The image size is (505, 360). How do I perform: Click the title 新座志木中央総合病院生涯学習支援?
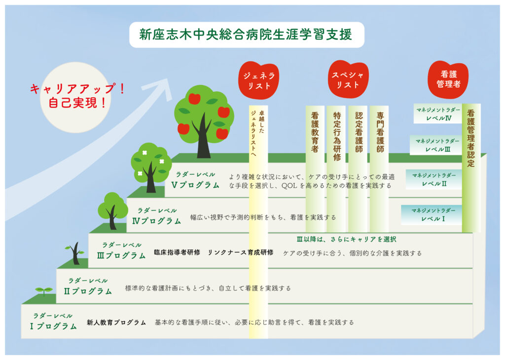click(246, 35)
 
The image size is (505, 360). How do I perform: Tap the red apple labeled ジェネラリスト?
click(258, 80)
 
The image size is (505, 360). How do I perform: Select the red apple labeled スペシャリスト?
click(348, 79)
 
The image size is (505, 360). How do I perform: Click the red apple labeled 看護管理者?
click(448, 79)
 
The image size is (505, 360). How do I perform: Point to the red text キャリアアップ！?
click(77, 89)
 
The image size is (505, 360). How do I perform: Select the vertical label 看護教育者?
click(315, 132)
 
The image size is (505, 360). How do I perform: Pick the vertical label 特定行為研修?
click(337, 136)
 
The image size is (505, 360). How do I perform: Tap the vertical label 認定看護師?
click(359, 132)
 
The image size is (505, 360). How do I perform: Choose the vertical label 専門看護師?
click(380, 132)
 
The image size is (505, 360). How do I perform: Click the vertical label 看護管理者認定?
click(471, 138)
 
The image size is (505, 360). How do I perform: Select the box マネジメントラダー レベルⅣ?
click(438, 113)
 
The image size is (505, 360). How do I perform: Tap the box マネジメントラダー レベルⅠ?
click(432, 215)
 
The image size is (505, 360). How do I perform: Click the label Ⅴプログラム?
click(195, 185)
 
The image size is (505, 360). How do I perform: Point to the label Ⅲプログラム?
click(121, 255)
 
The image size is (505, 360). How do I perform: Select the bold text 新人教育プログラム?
click(116, 323)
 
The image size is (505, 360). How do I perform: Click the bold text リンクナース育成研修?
click(240, 252)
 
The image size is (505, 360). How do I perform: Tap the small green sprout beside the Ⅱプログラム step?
click(43, 291)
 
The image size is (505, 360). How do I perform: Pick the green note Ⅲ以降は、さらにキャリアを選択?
click(346, 239)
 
